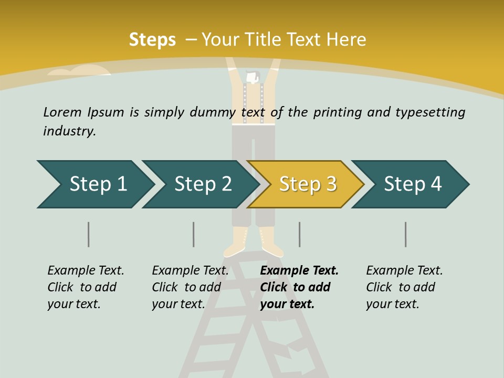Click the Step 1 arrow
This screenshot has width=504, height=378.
[x=94, y=184]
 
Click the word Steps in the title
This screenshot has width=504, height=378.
[x=152, y=40]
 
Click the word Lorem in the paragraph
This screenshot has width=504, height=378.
[x=62, y=112]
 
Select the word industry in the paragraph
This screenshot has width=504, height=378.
[x=69, y=131]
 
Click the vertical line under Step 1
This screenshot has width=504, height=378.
[x=89, y=234]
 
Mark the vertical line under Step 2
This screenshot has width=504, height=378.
[x=194, y=234]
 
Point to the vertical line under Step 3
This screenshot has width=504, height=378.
[x=300, y=234]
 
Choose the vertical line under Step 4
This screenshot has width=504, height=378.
[x=406, y=234]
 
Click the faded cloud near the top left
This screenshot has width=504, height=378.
[x=79, y=71]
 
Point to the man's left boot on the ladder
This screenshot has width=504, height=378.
[x=234, y=243]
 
